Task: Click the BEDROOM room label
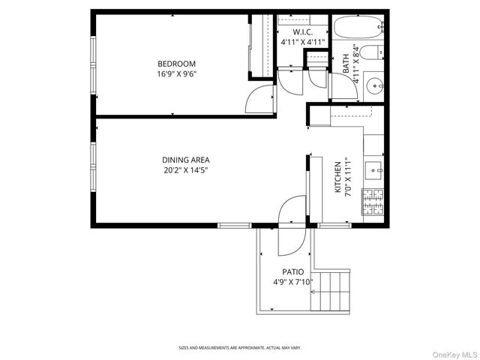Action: click(x=176, y=64)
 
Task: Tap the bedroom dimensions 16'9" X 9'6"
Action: click(x=176, y=74)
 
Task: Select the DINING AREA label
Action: click(x=185, y=160)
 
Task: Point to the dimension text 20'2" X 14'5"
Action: click(x=185, y=170)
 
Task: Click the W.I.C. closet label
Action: click(x=302, y=32)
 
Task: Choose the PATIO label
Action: click(x=292, y=271)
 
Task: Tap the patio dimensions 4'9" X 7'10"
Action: click(x=292, y=283)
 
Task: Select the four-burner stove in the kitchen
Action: click(x=372, y=201)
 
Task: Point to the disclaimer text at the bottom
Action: click(x=240, y=348)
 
